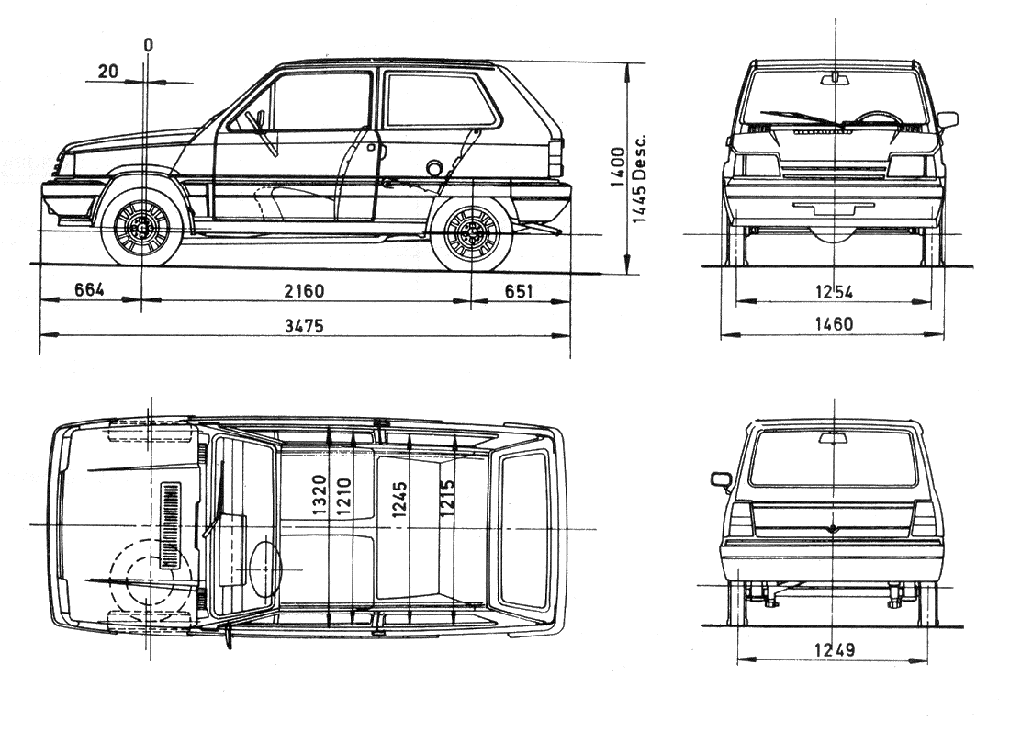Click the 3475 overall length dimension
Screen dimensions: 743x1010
pyautogui.click(x=304, y=325)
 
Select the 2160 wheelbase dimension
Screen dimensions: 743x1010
pyautogui.click(x=304, y=291)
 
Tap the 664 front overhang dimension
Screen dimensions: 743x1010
pyautogui.click(x=89, y=291)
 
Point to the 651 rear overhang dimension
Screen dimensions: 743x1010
pyautogui.click(x=518, y=291)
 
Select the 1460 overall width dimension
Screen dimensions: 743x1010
pyautogui.click(x=834, y=324)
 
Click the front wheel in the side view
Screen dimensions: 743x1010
pyautogui.click(x=142, y=227)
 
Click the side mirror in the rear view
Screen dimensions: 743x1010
pyautogui.click(x=721, y=479)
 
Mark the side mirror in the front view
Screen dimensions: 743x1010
pyautogui.click(x=947, y=119)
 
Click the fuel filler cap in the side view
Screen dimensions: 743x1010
pyautogui.click(x=435, y=167)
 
